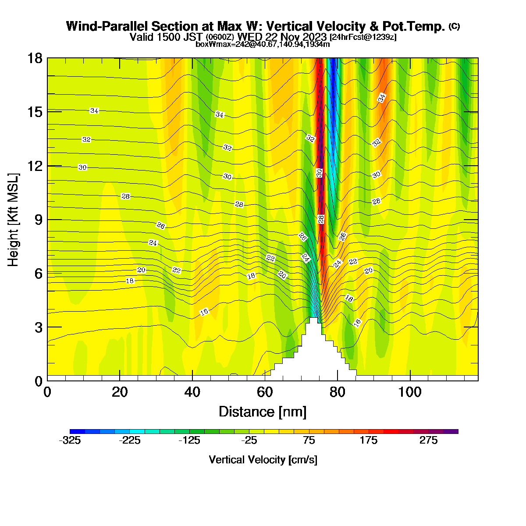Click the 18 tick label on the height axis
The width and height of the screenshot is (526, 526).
pyautogui.click(x=35, y=58)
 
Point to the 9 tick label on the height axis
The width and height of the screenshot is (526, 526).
pyautogui.click(x=39, y=220)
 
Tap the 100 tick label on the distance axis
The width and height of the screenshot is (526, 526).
pyautogui.click(x=410, y=392)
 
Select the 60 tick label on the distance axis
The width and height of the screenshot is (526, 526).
pyautogui.click(x=265, y=392)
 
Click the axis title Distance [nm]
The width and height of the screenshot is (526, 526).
pyautogui.click(x=263, y=412)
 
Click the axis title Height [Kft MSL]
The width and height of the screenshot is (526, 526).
pyautogui.click(x=13, y=220)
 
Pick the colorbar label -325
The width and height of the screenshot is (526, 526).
pyautogui.click(x=70, y=440)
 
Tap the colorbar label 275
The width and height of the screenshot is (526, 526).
pyautogui.click(x=428, y=440)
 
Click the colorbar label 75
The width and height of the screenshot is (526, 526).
pyautogui.click(x=309, y=440)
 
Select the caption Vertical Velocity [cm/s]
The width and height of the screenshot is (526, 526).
pyautogui.click(x=263, y=460)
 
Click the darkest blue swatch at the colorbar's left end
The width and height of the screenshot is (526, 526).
pyautogui.click(x=77, y=431)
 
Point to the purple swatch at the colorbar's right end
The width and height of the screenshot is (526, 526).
pyautogui.click(x=451, y=431)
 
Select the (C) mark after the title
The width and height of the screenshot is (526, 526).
pyautogui.click(x=454, y=26)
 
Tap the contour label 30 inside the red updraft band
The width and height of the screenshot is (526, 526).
pyautogui.click(x=319, y=173)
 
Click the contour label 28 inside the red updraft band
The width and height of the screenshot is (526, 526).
pyautogui.click(x=321, y=219)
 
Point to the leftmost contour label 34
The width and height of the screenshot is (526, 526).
pyautogui.click(x=94, y=110)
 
